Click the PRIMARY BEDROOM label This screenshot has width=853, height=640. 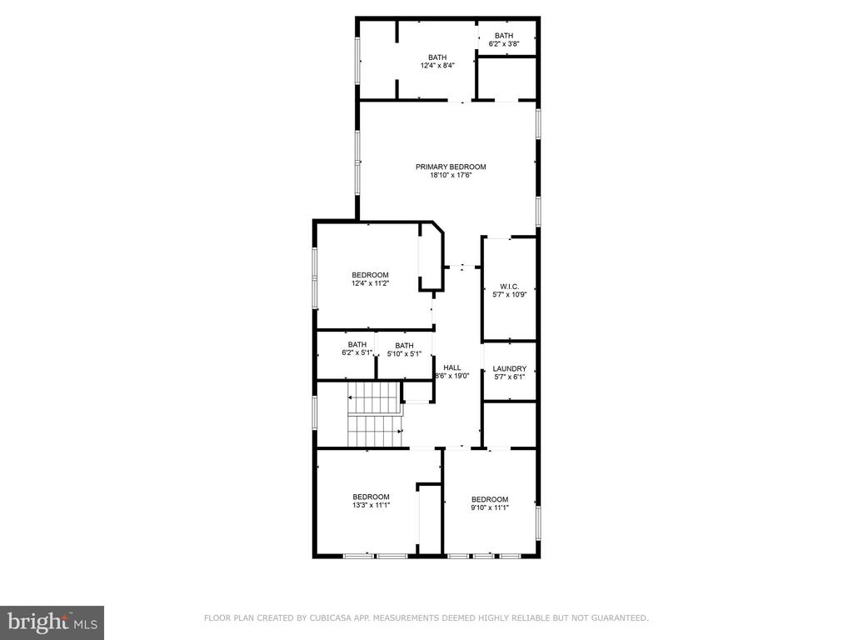[451, 167]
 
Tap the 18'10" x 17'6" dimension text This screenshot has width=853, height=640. [451, 175]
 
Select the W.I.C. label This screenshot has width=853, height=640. [509, 287]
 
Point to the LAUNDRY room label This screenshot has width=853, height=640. [510, 368]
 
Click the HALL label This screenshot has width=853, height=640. [452, 367]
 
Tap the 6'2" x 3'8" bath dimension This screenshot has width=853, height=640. [504, 43]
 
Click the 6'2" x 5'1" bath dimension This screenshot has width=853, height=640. [357, 352]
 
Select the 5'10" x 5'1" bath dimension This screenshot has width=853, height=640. [404, 353]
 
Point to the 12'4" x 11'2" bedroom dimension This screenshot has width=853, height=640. [370, 283]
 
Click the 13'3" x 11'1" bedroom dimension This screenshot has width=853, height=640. [371, 505]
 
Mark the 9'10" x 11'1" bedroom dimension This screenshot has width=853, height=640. [490, 507]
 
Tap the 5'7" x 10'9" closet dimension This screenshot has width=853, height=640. [510, 295]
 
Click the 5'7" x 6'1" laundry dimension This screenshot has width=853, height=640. [510, 377]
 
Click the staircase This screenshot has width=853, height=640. [375, 414]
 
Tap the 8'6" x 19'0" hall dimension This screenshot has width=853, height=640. [452, 376]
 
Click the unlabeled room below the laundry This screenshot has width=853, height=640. [510, 424]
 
